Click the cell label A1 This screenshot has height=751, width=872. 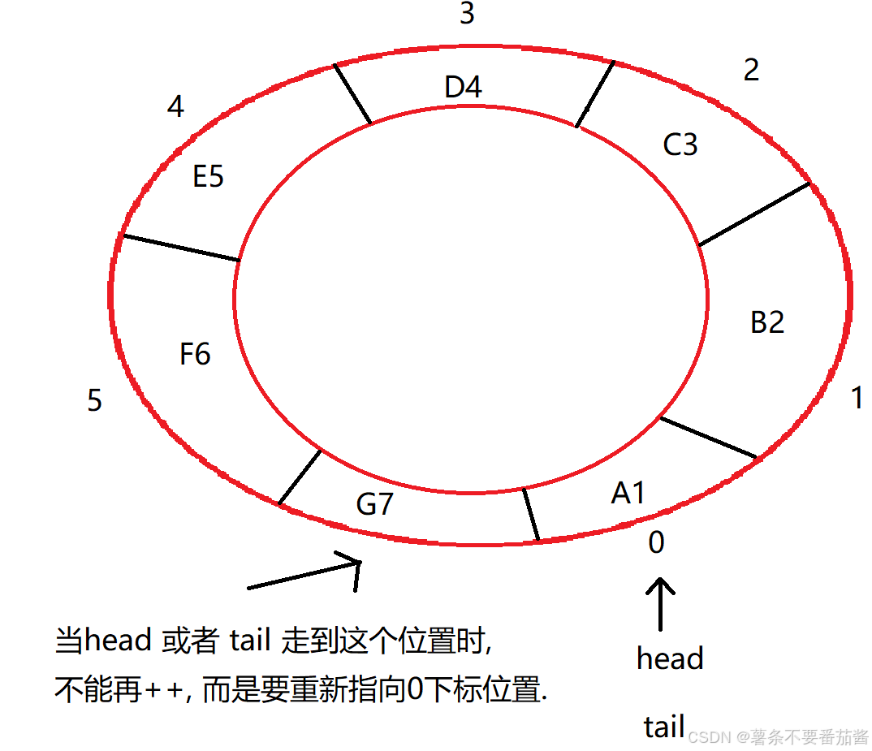tap(628, 492)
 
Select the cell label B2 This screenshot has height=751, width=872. tap(767, 322)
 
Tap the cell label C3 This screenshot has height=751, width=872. tap(680, 145)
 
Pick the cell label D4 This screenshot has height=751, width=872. tap(464, 87)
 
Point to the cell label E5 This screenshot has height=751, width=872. tap(208, 176)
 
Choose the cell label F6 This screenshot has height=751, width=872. tap(195, 354)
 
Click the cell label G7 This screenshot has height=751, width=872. tap(375, 504)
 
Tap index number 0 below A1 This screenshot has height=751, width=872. tap(656, 542)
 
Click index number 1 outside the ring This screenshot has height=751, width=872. tap(856, 399)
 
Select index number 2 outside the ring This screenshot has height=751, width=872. tap(751, 71)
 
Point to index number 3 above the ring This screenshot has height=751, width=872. tap(467, 14)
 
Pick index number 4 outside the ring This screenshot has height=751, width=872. tap(175, 106)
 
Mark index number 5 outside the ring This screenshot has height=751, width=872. tap(95, 400)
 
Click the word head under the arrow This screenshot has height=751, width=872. tap(670, 658)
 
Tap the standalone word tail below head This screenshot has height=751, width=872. tap(664, 727)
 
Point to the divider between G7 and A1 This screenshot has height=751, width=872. tap(531, 514)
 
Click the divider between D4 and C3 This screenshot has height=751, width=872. tap(595, 93)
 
